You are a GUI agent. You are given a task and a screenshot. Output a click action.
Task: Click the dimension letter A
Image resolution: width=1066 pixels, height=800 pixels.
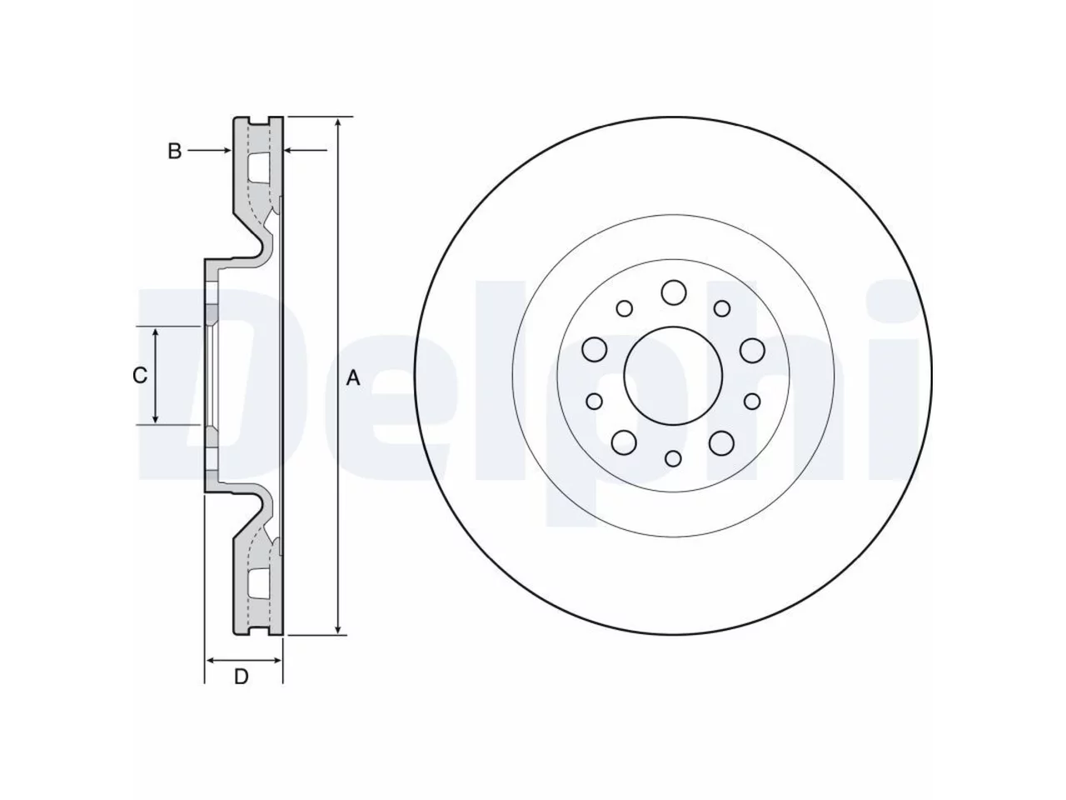tap(352, 377)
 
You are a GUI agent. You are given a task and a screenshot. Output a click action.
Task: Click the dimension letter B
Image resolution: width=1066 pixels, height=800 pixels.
tap(174, 151)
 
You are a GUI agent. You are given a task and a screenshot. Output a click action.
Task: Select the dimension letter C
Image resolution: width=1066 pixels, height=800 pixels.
tap(140, 376)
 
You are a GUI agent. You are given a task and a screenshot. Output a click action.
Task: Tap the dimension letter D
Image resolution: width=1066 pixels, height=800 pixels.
tap(242, 677)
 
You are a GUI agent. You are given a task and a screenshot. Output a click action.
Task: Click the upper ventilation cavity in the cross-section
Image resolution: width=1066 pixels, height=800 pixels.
tap(259, 167)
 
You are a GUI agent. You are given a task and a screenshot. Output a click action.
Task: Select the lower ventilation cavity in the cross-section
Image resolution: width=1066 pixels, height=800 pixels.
tap(259, 583)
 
